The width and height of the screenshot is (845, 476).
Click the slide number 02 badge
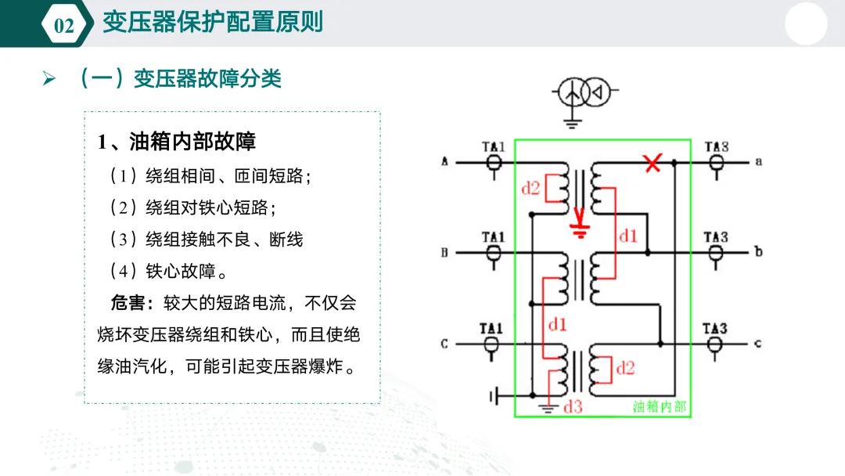point(63,25)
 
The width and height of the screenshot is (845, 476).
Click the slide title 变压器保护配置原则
point(213,22)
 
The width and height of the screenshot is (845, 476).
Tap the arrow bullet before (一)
point(49,79)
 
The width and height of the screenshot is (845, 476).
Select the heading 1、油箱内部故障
point(177,142)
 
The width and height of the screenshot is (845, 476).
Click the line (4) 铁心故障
point(169,272)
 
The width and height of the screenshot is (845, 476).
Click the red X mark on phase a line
point(651,163)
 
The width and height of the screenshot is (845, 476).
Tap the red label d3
point(574,406)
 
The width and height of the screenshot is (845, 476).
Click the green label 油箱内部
point(660,406)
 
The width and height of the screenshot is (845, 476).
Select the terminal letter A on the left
point(444,162)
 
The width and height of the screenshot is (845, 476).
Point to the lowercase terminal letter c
point(757,343)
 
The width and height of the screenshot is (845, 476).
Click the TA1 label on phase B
point(493,236)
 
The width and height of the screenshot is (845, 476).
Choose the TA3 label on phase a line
point(716,146)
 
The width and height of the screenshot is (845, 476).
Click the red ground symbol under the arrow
point(580,230)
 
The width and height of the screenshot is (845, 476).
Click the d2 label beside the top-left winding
point(530,188)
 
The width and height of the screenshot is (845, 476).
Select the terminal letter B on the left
point(444,252)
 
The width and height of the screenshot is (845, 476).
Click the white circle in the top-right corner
point(807,24)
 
